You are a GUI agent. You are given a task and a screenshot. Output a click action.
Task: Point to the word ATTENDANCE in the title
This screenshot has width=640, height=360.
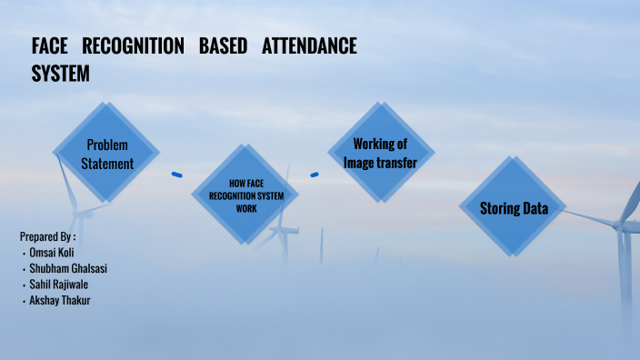coord(309,46)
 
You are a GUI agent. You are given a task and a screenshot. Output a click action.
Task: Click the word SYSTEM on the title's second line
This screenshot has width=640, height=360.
coord(61,74)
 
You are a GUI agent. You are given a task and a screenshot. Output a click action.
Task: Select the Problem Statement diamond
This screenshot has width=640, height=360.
coord(106,154)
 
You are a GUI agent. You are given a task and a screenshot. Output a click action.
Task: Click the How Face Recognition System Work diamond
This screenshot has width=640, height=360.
coord(245,195)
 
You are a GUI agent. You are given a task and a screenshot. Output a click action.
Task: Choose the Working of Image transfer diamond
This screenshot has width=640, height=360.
coord(380,153)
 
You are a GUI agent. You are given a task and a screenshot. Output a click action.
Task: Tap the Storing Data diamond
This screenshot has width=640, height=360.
coord(514,208)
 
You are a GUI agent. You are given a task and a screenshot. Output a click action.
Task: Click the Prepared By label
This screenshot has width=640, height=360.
coord(47,236)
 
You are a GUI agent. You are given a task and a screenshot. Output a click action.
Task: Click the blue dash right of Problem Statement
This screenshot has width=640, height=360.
coord(177,175)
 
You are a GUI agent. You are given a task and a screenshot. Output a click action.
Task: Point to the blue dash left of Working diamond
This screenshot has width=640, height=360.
coord(315,175)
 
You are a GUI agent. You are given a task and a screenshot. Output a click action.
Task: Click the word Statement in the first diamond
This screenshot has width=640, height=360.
coord(107,165)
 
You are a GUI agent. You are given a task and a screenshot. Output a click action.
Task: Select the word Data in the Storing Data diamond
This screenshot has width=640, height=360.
coord(534,209)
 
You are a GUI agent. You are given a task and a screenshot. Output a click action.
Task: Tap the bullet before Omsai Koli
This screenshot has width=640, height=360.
coord(24,253)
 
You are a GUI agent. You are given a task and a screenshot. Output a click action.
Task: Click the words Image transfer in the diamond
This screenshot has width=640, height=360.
coord(380,163)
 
